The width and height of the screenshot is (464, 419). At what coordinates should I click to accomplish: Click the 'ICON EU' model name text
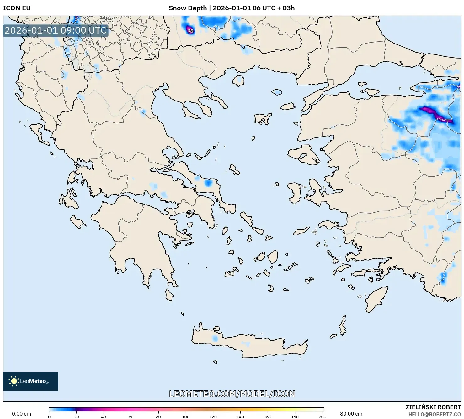pos(17,8)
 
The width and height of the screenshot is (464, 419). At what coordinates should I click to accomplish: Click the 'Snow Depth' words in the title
pos(188,8)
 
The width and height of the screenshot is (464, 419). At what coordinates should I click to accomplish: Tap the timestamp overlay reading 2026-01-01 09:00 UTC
pos(56,30)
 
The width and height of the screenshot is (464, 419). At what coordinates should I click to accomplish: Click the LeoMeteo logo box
pos(31,381)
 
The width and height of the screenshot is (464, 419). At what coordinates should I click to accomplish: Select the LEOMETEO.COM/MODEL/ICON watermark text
pos(232,394)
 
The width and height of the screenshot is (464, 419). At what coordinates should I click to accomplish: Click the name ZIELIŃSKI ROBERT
pos(433,407)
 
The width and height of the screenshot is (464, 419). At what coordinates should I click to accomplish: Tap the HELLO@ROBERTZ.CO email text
pos(435,414)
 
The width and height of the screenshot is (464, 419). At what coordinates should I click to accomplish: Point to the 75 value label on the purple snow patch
pos(190,31)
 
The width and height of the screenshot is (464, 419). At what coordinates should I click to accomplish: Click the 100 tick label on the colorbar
pos(186,417)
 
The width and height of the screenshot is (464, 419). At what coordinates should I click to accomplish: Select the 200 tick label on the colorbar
pos(322,417)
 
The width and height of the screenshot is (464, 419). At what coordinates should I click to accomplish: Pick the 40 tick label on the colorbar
pos(104,417)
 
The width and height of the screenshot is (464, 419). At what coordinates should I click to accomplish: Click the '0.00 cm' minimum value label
pos(21,414)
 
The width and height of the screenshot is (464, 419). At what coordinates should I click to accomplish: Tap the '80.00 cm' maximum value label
pos(351,414)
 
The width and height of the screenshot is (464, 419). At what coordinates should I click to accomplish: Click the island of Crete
pos(251,344)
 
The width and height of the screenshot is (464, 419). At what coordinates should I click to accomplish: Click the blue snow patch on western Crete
pos(215,339)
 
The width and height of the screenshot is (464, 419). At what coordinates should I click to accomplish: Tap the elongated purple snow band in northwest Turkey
pos(435,114)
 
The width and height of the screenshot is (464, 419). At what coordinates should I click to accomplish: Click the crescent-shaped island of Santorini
pos(271,288)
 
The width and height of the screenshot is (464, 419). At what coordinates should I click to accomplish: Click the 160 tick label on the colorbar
pos(268,417)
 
